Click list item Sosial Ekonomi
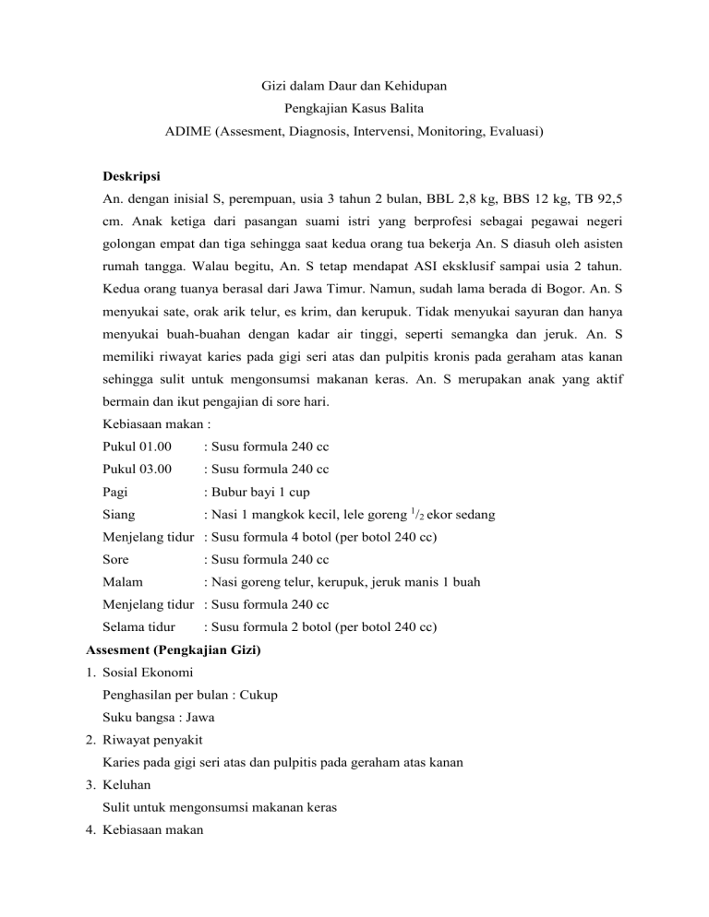click(x=153, y=673)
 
